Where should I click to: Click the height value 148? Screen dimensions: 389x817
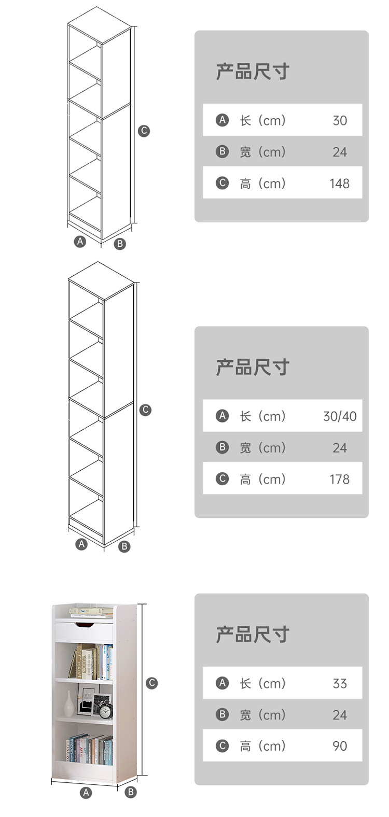[x=339, y=184]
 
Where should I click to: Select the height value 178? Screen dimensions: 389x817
[x=339, y=480]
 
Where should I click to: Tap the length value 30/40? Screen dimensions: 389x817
[x=340, y=416]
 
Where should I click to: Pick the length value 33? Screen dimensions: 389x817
[x=339, y=684]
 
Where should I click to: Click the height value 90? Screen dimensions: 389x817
[x=339, y=746]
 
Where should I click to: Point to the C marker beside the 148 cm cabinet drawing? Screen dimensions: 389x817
[x=144, y=131]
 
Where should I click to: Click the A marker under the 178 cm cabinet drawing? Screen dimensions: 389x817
[x=81, y=544]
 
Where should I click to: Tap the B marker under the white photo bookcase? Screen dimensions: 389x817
[x=131, y=792]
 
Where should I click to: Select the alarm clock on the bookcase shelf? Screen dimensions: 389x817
[x=106, y=711]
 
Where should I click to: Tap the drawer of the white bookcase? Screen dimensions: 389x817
[x=84, y=630]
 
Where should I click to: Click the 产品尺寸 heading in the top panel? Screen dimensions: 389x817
[x=252, y=72]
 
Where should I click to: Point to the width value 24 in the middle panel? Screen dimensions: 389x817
[x=339, y=448]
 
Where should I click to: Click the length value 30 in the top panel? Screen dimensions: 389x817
[x=339, y=121]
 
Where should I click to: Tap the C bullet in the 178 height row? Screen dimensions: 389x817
[x=222, y=479]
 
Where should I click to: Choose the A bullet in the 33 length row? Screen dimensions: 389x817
[x=222, y=683]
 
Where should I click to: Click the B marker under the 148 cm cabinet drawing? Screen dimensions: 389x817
[x=120, y=244]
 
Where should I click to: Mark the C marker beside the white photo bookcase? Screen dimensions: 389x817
[x=151, y=683]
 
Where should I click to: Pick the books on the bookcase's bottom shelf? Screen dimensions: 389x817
[x=89, y=750]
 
